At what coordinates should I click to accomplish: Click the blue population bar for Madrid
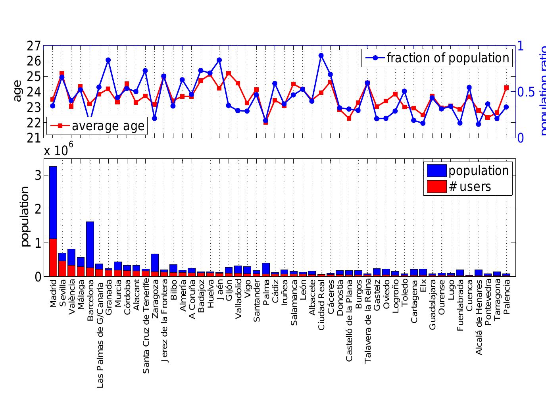tap(53, 202)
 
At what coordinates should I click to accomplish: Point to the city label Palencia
tap(506, 297)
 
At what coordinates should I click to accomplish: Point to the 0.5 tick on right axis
tap(526, 92)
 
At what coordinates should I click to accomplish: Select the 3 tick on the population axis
tap(38, 175)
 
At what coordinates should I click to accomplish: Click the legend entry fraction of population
tap(448, 58)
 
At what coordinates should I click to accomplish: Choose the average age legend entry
tap(108, 126)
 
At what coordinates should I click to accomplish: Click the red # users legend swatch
tap(436, 187)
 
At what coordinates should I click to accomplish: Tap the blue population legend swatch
tap(436, 171)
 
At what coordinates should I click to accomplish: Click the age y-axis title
tap(17, 91)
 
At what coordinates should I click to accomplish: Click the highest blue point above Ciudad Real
tap(321, 56)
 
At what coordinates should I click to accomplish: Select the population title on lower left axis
tap(25, 216)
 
